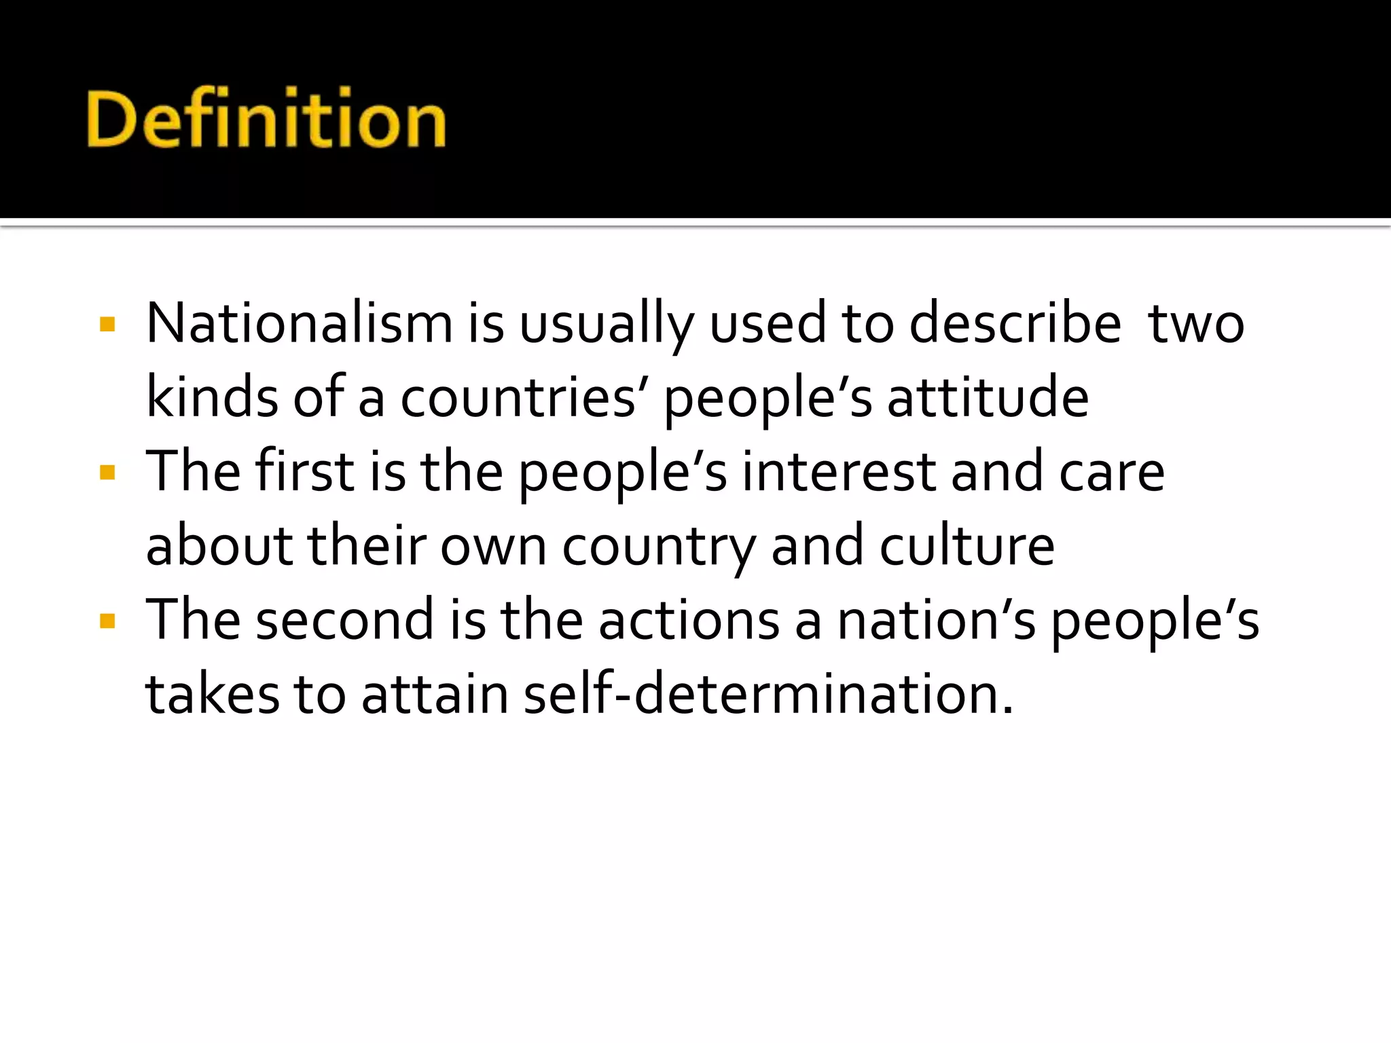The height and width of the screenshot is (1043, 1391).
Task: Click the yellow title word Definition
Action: click(266, 119)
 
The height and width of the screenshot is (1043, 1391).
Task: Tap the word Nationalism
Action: click(300, 324)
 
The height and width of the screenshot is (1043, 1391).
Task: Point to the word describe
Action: click(1015, 324)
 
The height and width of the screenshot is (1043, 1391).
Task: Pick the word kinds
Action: click(212, 397)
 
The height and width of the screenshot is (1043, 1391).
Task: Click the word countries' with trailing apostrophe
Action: click(524, 398)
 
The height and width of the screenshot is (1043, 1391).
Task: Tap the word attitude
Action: click(988, 398)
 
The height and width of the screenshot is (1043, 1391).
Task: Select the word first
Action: click(304, 471)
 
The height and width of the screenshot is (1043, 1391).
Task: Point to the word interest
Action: click(839, 473)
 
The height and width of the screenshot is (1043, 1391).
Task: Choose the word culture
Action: click(967, 546)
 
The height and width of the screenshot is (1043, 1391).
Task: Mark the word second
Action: click(344, 620)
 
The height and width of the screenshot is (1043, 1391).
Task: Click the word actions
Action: click(689, 620)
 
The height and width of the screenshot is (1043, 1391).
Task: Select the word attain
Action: click(435, 695)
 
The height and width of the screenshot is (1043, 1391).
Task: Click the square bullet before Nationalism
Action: click(107, 325)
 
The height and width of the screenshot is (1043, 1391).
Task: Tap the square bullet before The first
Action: click(107, 473)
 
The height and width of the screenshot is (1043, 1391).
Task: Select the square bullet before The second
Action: click(107, 621)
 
